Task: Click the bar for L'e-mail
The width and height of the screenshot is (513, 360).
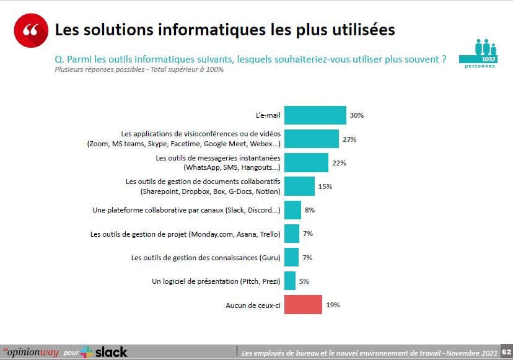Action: (315, 115)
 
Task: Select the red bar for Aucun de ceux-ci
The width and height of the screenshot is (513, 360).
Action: (303, 305)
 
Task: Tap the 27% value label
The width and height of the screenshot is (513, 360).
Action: (349, 139)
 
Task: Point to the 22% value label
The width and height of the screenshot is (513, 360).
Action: (339, 163)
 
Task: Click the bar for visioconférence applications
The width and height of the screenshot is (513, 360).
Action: (311, 139)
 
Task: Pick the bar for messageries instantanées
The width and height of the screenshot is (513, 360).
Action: (306, 162)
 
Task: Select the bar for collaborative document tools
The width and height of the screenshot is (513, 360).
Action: (299, 186)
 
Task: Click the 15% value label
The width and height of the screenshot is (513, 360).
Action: (325, 187)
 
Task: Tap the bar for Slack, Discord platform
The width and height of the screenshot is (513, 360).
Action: (292, 210)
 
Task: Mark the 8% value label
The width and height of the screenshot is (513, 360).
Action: (310, 210)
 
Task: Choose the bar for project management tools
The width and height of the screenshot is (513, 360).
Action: (292, 234)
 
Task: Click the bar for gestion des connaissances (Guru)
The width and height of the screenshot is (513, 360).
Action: (292, 257)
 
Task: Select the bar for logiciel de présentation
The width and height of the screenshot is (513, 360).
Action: (290, 281)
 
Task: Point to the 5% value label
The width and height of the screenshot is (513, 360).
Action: (304, 281)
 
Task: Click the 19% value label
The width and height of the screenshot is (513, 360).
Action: (333, 305)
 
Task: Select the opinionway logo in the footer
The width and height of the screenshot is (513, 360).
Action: (30, 352)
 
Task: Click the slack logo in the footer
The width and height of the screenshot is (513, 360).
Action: (104, 352)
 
